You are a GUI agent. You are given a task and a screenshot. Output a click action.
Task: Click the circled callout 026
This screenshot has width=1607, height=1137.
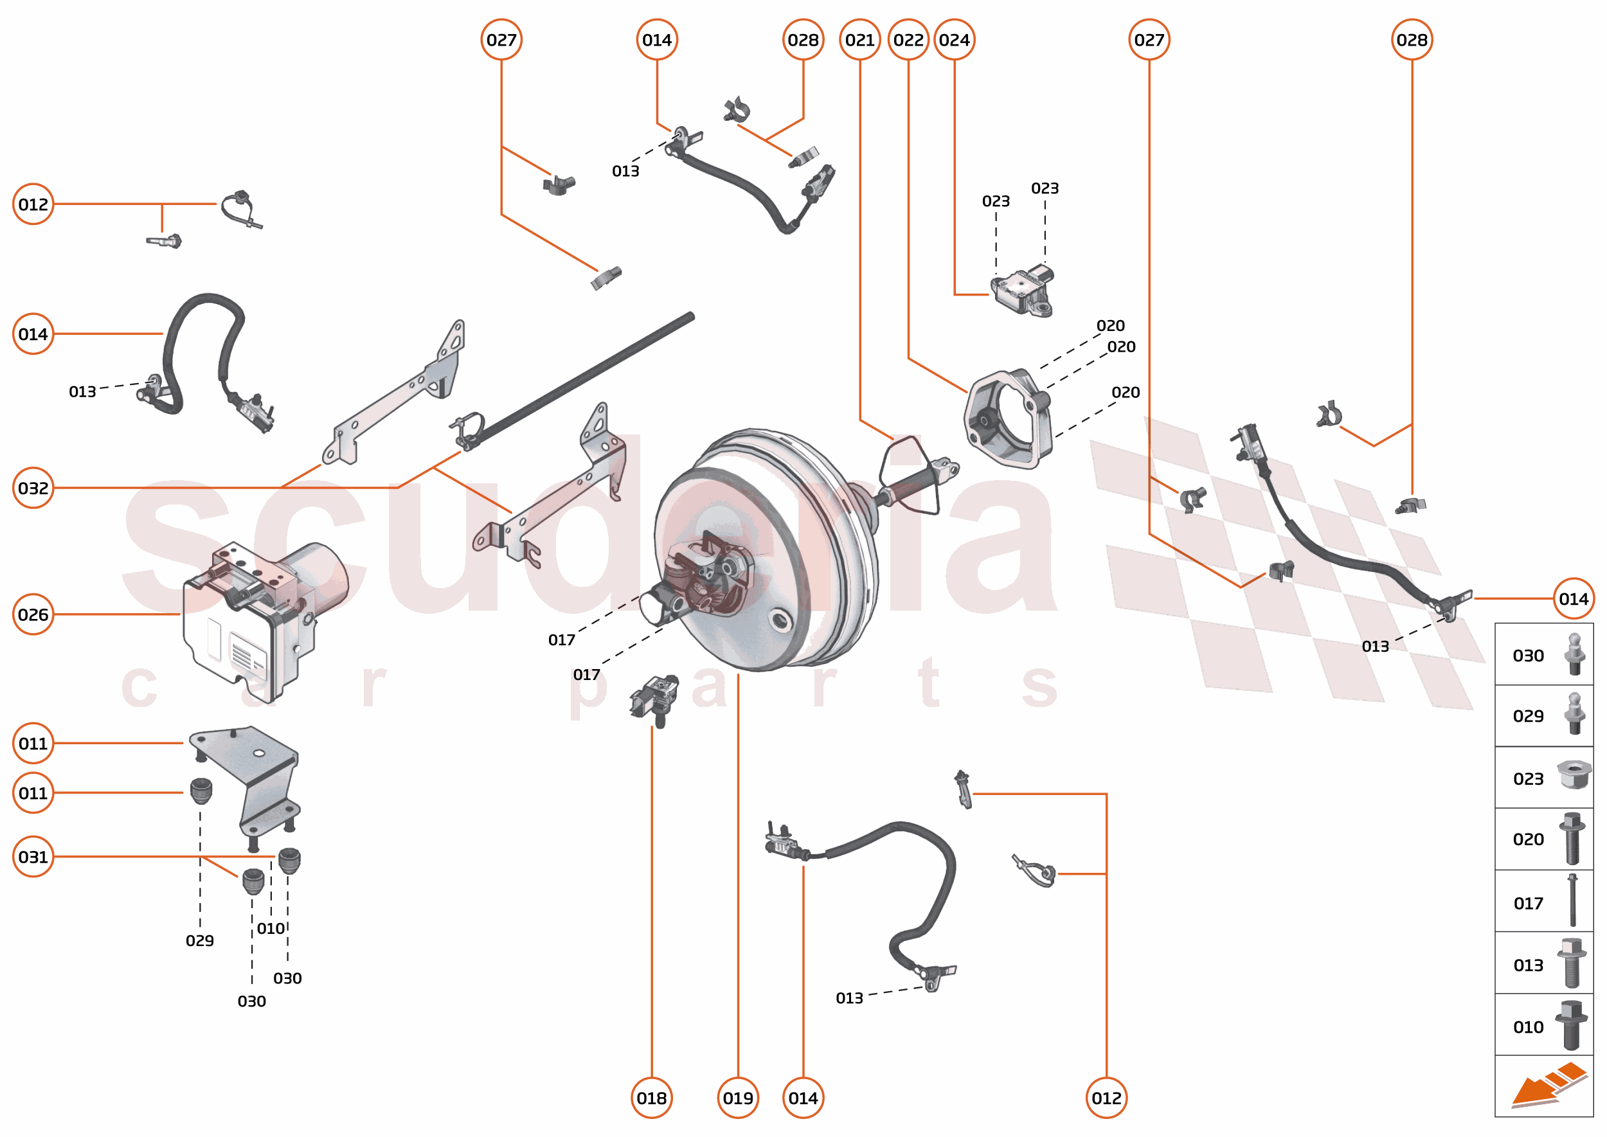tap(33, 614)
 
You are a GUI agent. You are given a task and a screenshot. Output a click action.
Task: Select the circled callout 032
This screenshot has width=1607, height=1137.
tap(33, 487)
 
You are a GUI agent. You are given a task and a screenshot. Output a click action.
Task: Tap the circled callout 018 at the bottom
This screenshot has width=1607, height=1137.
tap(651, 1098)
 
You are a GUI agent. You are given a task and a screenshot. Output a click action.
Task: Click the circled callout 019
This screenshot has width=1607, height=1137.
tap(737, 1098)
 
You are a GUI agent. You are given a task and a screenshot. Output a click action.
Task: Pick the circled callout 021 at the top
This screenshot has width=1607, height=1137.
tap(859, 40)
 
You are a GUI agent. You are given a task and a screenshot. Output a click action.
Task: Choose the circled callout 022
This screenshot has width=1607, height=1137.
tap(908, 40)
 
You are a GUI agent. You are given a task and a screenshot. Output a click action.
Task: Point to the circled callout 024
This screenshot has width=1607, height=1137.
tap(954, 40)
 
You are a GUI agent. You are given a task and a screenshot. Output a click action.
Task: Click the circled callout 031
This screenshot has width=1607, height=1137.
tap(33, 856)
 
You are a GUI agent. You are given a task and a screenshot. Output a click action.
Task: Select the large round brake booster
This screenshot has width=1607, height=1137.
tap(763, 553)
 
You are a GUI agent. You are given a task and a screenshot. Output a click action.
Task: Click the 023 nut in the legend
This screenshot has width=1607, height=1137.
tap(1574, 775)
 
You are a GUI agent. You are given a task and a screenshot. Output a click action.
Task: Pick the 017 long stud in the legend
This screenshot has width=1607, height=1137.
tap(1572, 901)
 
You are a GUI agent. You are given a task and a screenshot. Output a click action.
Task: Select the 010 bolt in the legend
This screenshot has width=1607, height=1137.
tap(1570, 1025)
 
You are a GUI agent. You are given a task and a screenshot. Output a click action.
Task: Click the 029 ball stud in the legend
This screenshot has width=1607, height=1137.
tap(1574, 714)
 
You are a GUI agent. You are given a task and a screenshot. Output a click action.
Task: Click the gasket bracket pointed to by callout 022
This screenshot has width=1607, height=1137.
tap(1009, 420)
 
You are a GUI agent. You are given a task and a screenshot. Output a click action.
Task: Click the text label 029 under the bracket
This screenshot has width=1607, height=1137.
tap(199, 940)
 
